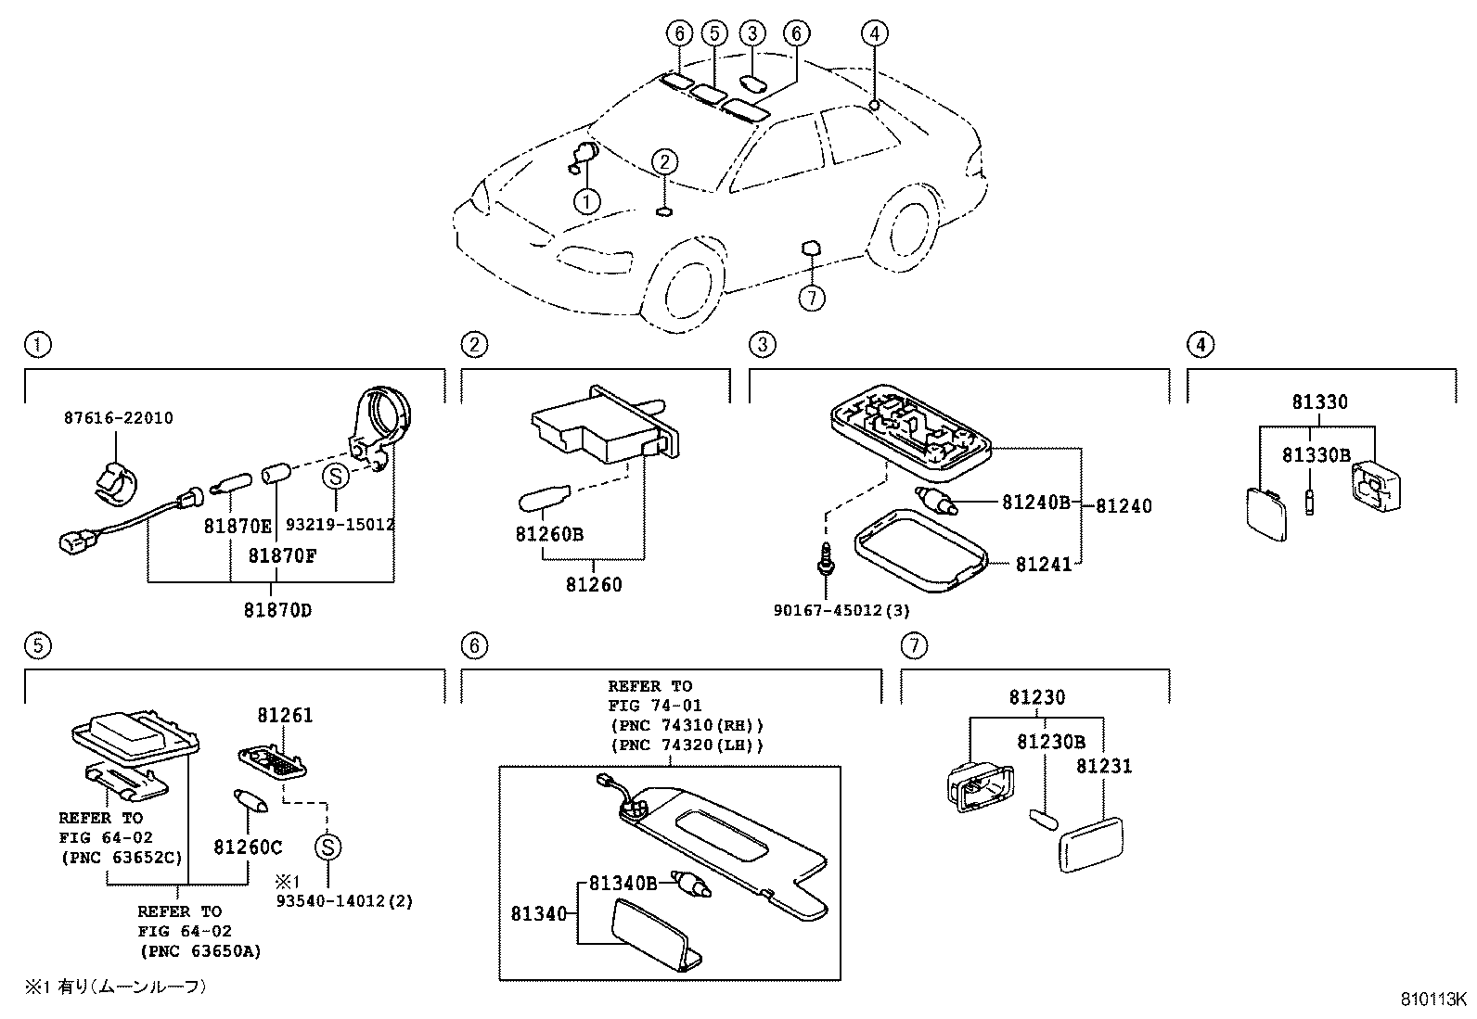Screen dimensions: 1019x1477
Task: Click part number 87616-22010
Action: tap(118, 418)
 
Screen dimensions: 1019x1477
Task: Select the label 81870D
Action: tap(277, 610)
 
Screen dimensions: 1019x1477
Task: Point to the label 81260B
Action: tap(550, 535)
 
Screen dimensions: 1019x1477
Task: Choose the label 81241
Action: tap(1043, 564)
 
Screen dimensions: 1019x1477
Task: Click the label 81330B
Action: tap(1316, 455)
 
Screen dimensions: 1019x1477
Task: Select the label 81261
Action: tap(285, 716)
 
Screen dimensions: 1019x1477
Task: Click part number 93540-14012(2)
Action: tap(343, 900)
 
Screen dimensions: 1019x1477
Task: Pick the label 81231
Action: tap(1104, 767)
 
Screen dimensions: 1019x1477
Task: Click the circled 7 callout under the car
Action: tap(811, 298)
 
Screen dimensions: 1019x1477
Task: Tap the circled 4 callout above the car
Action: tap(873, 34)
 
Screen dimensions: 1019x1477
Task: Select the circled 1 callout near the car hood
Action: tap(586, 200)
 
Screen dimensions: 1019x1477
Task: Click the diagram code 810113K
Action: tap(1432, 1000)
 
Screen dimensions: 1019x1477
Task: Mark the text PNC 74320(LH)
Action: tap(687, 745)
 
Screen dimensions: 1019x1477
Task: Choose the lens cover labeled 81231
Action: tap(1090, 843)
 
